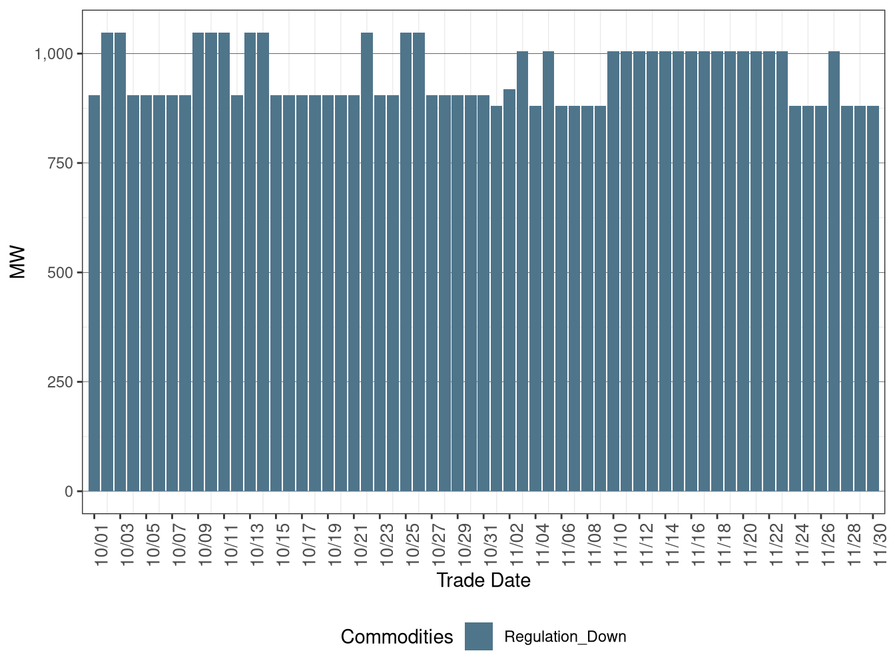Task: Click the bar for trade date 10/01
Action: (94, 293)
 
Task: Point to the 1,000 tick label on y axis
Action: (53, 54)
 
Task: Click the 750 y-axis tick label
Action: (60, 163)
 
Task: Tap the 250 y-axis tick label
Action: (60, 382)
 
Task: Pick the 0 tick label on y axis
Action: (69, 491)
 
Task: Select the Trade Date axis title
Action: (483, 580)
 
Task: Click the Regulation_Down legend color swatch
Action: (479, 636)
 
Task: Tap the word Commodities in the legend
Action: (397, 637)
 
